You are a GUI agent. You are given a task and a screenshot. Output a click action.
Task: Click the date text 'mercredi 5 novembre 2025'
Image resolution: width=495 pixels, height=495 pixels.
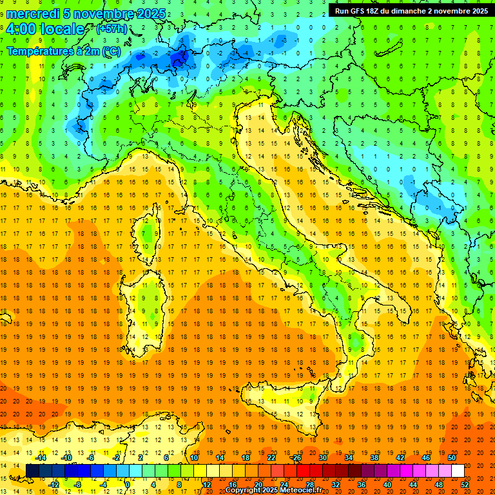click(86, 14)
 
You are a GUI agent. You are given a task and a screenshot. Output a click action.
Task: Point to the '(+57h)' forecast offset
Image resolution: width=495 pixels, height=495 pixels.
click(112, 29)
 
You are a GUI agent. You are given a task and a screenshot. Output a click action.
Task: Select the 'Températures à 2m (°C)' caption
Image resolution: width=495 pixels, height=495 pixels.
click(63, 51)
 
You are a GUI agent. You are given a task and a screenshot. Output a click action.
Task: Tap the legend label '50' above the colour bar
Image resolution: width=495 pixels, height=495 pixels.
click(451, 458)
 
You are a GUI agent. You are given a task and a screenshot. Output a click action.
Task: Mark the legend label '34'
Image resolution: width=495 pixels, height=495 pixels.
click(348, 458)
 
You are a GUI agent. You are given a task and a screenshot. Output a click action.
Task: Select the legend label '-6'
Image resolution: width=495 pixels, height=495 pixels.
click(90, 458)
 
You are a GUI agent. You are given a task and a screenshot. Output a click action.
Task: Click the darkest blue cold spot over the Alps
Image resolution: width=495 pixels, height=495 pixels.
click(179, 59)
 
